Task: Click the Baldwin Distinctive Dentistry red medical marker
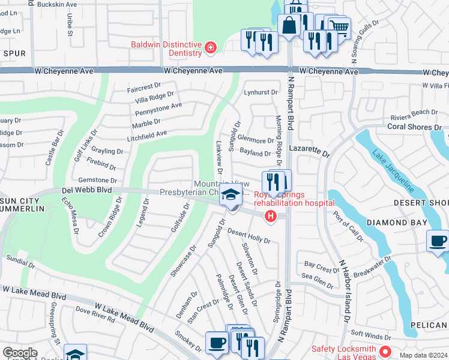pyautogui.click(x=210, y=47)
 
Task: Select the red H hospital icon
pyautogui.click(x=271, y=217)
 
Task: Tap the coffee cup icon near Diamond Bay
pyautogui.click(x=437, y=241)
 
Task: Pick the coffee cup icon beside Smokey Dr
pyautogui.click(x=216, y=343)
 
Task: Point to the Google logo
pyautogui.click(x=19, y=353)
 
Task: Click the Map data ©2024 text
pyautogui.click(x=423, y=355)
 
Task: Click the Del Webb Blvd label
pyautogui.click(x=87, y=190)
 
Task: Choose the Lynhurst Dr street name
pyautogui.click(x=261, y=92)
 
